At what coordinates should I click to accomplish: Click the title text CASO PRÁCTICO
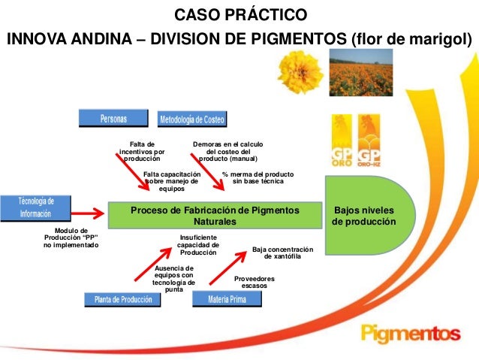point(240,14)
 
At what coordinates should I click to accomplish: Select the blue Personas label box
point(114,119)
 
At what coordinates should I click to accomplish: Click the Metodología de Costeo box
point(191,119)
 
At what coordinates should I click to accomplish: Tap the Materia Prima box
point(227,299)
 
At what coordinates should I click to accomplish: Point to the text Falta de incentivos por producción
point(142,151)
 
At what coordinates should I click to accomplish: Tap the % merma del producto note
point(258,177)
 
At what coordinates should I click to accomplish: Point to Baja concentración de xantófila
point(282,253)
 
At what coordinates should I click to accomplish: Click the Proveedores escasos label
point(254,282)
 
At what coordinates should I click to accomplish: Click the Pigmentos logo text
point(410,331)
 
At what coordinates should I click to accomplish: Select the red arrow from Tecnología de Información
point(86,210)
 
